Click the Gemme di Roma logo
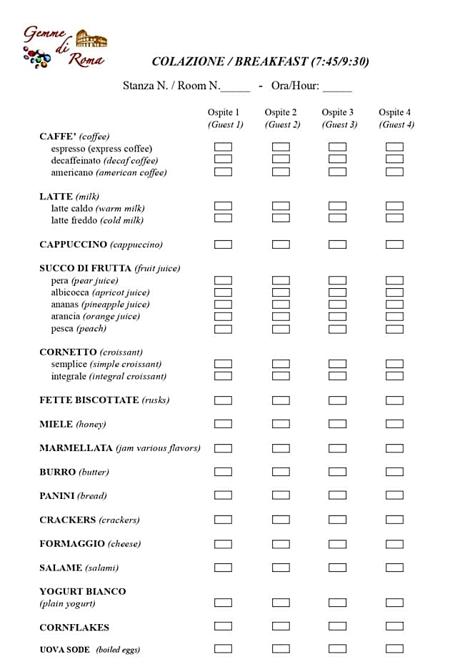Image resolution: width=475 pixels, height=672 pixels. [x=64, y=48]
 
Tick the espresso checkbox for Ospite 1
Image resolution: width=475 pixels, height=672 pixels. [x=224, y=147]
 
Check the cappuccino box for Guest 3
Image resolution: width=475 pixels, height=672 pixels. [x=338, y=244]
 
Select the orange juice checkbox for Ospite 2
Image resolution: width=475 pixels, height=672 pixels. [x=281, y=317]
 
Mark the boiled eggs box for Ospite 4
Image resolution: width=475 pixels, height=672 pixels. [x=394, y=648]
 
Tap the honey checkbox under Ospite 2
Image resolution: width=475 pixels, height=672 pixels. [x=281, y=424]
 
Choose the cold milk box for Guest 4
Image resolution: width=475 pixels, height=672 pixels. [x=394, y=218]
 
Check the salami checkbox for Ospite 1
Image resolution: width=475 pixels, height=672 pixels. [x=224, y=568]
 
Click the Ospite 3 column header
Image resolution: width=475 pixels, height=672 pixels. [x=338, y=112]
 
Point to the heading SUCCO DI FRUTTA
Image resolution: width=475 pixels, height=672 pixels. [x=86, y=268]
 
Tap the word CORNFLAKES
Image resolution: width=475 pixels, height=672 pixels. [x=74, y=627]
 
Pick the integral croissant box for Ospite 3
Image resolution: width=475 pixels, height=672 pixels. [x=338, y=376]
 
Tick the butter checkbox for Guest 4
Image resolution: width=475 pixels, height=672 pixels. [x=394, y=472]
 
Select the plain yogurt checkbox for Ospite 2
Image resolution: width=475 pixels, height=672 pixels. [x=281, y=603]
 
